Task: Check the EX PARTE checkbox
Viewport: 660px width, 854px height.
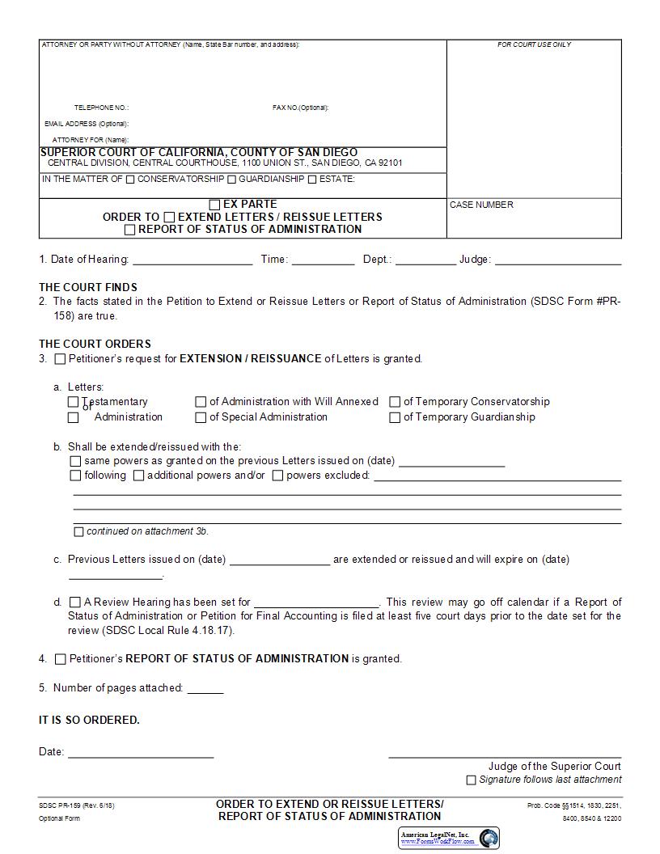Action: pyautogui.click(x=215, y=205)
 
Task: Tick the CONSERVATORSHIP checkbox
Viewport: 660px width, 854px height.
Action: pyautogui.click(x=130, y=180)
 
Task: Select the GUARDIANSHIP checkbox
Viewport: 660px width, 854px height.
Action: pyautogui.click(x=232, y=180)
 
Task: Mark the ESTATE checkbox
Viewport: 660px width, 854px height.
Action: pyautogui.click(x=312, y=180)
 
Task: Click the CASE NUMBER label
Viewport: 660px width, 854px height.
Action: pyautogui.click(x=481, y=205)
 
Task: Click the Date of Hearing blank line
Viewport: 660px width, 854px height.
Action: pyautogui.click(x=192, y=260)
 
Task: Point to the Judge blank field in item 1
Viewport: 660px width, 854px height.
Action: pyautogui.click(x=557, y=260)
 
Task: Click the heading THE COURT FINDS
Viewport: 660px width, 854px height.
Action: pyautogui.click(x=88, y=287)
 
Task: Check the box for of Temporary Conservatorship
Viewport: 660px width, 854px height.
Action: pyautogui.click(x=396, y=402)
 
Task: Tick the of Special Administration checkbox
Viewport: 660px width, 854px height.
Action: pyautogui.click(x=201, y=418)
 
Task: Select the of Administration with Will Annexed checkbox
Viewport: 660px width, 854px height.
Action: pyautogui.click(x=201, y=402)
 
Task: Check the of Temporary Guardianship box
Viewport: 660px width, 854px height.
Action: pyautogui.click(x=396, y=418)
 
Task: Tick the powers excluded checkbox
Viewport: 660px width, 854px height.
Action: pyautogui.click(x=277, y=476)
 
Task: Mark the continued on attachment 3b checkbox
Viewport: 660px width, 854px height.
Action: pyautogui.click(x=78, y=532)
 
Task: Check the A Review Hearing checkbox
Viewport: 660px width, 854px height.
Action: pyautogui.click(x=75, y=602)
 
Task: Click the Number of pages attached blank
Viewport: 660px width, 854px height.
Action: pyautogui.click(x=205, y=689)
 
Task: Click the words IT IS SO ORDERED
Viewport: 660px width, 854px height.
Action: pyautogui.click(x=89, y=720)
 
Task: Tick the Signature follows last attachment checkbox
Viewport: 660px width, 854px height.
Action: pyautogui.click(x=471, y=780)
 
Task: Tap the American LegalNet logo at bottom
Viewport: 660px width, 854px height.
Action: pyautogui.click(x=449, y=838)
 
